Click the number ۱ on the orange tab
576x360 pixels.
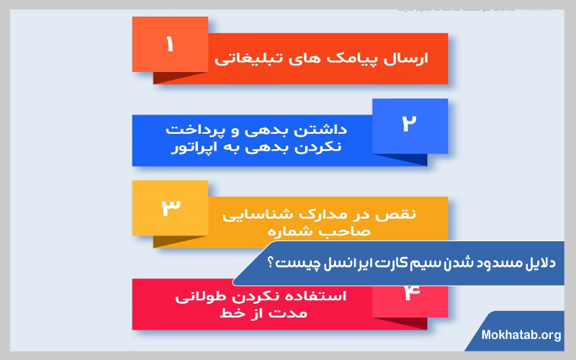[x=170, y=45]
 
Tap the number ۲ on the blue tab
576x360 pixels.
[x=409, y=125]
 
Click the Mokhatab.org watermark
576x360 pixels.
[x=522, y=336]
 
